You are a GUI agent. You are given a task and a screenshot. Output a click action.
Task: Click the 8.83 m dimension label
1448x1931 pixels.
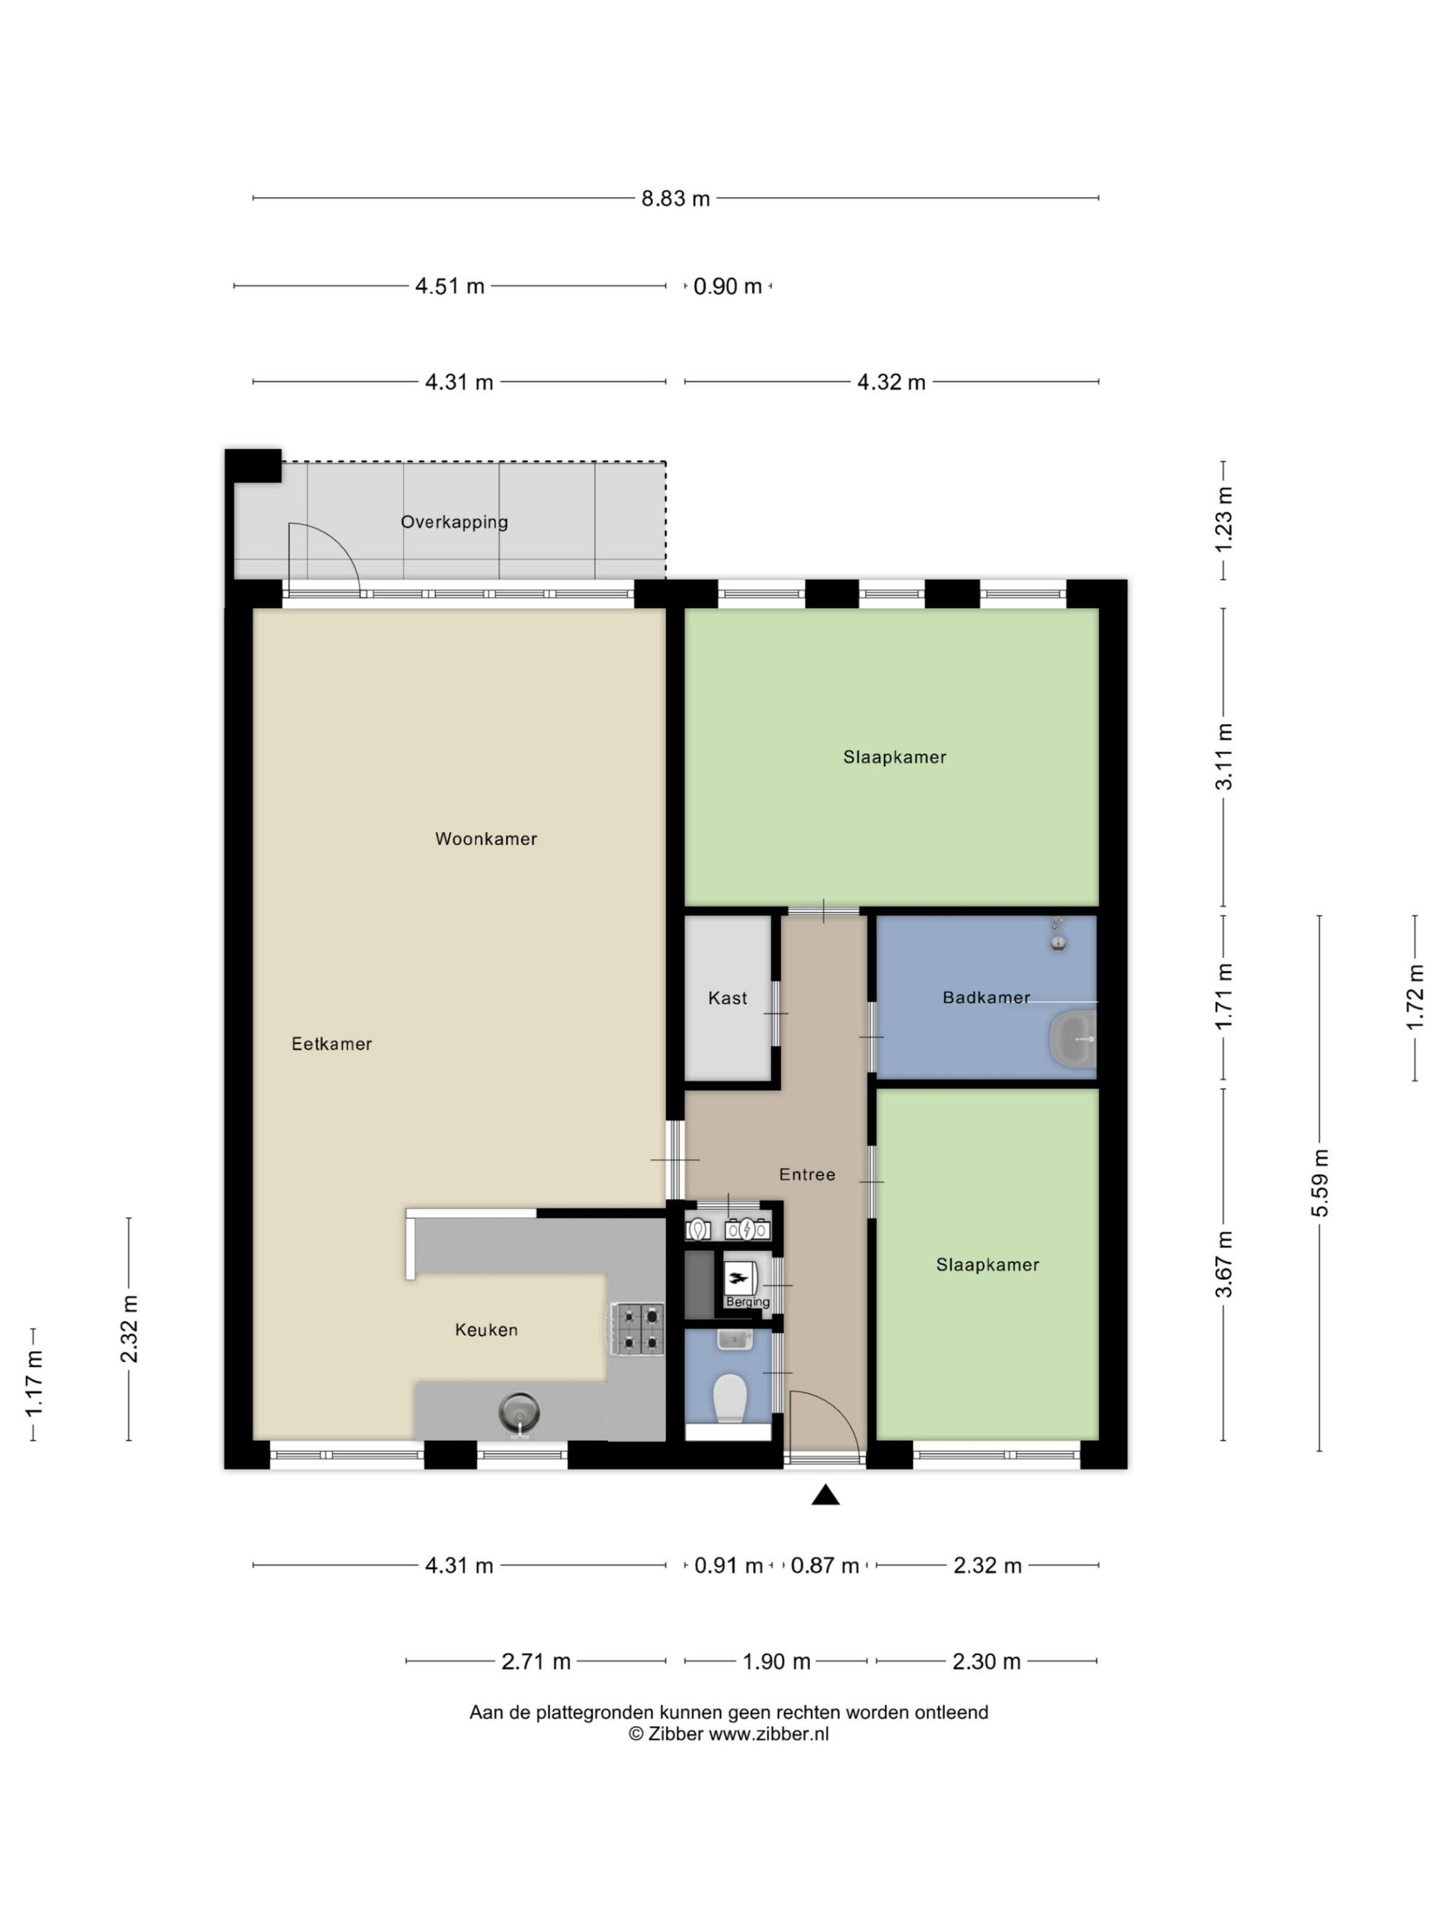click(x=675, y=198)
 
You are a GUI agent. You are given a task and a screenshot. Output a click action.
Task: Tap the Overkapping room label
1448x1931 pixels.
click(x=454, y=522)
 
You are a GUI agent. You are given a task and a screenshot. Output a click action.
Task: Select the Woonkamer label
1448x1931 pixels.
click(x=486, y=839)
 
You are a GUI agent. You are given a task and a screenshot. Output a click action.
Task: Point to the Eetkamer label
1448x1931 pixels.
click(x=332, y=1044)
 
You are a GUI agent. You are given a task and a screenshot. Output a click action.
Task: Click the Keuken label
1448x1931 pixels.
click(x=486, y=1329)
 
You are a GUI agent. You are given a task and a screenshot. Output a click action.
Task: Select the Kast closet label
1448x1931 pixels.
click(x=728, y=998)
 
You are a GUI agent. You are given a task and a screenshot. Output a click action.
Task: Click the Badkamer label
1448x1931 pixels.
click(x=986, y=997)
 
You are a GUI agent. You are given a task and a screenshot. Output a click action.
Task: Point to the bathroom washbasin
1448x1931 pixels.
click(x=1072, y=1039)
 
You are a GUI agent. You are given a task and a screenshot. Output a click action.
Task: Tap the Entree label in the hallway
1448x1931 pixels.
click(x=807, y=1174)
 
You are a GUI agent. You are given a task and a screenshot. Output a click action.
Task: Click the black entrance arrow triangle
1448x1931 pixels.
click(x=825, y=1495)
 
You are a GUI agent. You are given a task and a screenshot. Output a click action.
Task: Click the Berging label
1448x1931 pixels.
click(x=748, y=1302)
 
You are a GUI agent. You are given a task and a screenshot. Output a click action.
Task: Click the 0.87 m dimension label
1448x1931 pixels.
click(x=825, y=1565)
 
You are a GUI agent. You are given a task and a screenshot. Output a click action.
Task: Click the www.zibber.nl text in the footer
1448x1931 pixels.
click(x=769, y=1734)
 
